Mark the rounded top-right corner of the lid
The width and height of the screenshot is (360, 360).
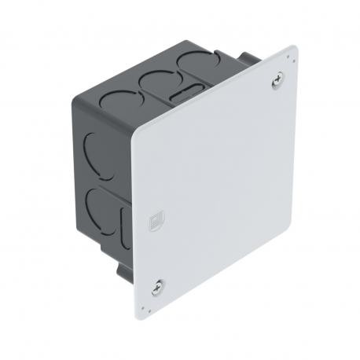pyautogui.click(x=292, y=50)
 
